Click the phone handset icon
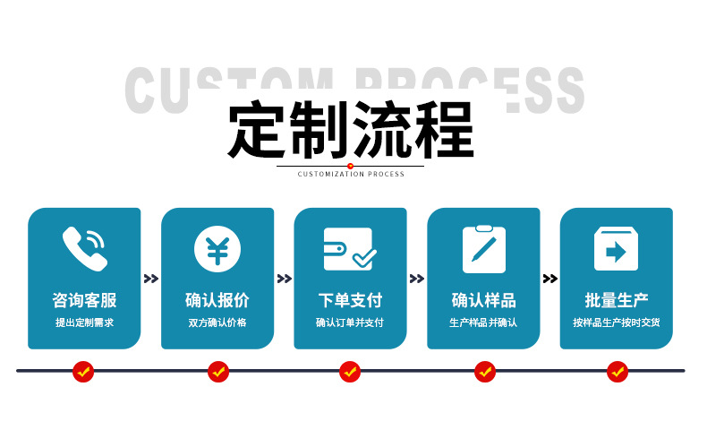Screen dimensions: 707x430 pos(84,249)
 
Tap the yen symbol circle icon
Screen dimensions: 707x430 pos(217,249)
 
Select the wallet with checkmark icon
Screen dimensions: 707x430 pos(350,249)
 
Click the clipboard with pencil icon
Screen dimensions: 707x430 pos(483,249)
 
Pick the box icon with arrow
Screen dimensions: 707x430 pos(616,249)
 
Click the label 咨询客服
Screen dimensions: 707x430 pos(84,300)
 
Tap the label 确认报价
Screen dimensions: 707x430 pos(217,300)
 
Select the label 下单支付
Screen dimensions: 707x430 pos(350,300)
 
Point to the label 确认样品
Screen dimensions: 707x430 pos(483,300)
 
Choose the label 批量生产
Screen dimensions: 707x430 pos(616,300)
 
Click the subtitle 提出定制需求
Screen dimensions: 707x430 pos(84,322)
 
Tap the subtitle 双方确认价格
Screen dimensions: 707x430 pos(217,322)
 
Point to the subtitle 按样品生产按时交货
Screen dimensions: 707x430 pos(616,322)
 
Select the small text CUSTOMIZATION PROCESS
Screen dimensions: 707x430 pos(351,174)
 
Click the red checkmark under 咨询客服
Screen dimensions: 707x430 pos(83,371)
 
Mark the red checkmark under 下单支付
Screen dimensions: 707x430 pos(350,371)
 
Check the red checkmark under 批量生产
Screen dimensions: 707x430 pos(617,371)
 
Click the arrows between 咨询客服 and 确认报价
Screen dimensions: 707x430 pos(150,279)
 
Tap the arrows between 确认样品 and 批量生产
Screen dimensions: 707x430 pos(549,279)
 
